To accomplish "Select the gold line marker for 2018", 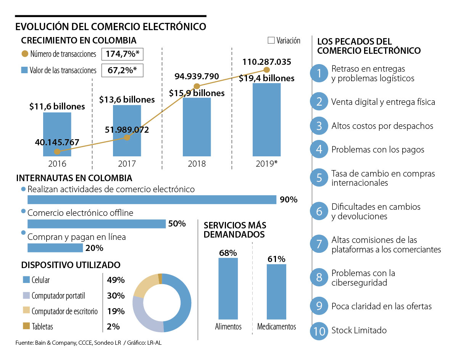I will [x=197, y=86].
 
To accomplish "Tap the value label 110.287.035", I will [x=267, y=62].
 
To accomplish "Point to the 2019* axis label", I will [x=266, y=164].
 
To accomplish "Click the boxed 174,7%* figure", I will [x=122, y=54].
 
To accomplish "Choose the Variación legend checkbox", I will [x=271, y=40].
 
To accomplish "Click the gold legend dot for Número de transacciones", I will [x=25, y=54].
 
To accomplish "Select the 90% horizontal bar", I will [x=152, y=199].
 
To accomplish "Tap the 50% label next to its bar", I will [x=177, y=224].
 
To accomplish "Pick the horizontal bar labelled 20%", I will [x=55, y=248].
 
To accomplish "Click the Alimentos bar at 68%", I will [x=228, y=288].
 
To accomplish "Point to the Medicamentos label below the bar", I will [x=277, y=327].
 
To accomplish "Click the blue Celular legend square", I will [x=26, y=280].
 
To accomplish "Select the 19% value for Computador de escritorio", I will [x=116, y=311].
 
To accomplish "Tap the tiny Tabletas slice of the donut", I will [x=160, y=278].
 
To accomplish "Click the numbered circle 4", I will [x=319, y=149].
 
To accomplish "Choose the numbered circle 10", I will [x=319, y=330].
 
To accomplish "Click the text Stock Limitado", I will [x=359, y=330].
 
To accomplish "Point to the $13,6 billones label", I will [x=127, y=100].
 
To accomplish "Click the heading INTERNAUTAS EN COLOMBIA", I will [x=74, y=178].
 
